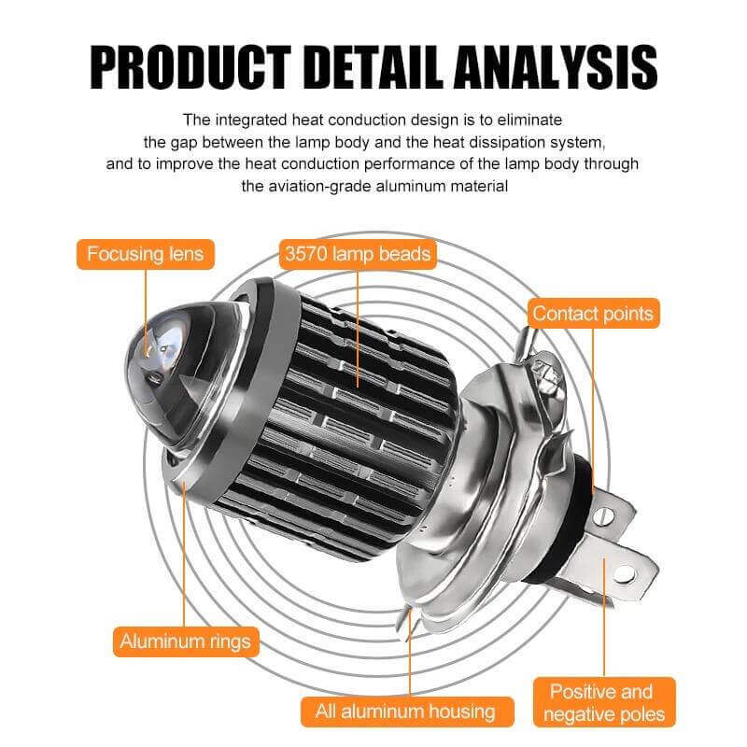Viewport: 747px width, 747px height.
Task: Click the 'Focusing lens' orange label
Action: coord(146,253)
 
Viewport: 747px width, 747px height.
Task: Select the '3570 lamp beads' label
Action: coord(357,253)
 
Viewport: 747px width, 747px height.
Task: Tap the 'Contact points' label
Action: coord(593,314)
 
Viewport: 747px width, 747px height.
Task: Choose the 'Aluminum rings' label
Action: coord(185,641)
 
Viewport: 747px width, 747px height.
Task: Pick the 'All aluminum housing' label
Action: coord(405,711)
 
